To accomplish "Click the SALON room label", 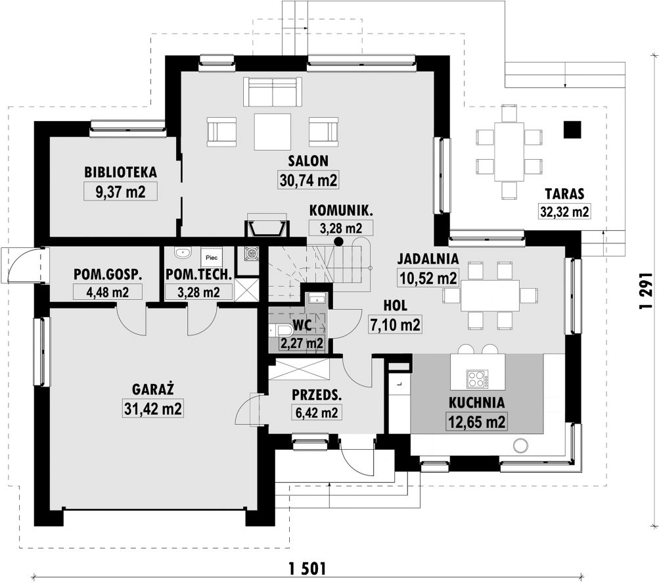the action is [308, 161].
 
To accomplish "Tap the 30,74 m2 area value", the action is [309, 180].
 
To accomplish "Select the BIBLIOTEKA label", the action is [121, 172].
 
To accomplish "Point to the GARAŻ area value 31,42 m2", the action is [153, 408].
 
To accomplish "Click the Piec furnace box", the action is [212, 257].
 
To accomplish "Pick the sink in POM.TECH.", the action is [183, 253].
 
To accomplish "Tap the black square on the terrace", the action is [572, 130].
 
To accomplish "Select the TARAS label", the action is [564, 194].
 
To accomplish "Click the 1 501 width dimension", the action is [307, 570].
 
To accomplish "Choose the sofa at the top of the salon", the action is [273, 91].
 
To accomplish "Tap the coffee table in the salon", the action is [273, 132].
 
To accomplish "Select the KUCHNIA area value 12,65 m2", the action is [476, 422].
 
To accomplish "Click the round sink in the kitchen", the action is [521, 445].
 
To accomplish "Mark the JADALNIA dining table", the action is [489, 296].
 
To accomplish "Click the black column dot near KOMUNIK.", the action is [338, 241].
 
